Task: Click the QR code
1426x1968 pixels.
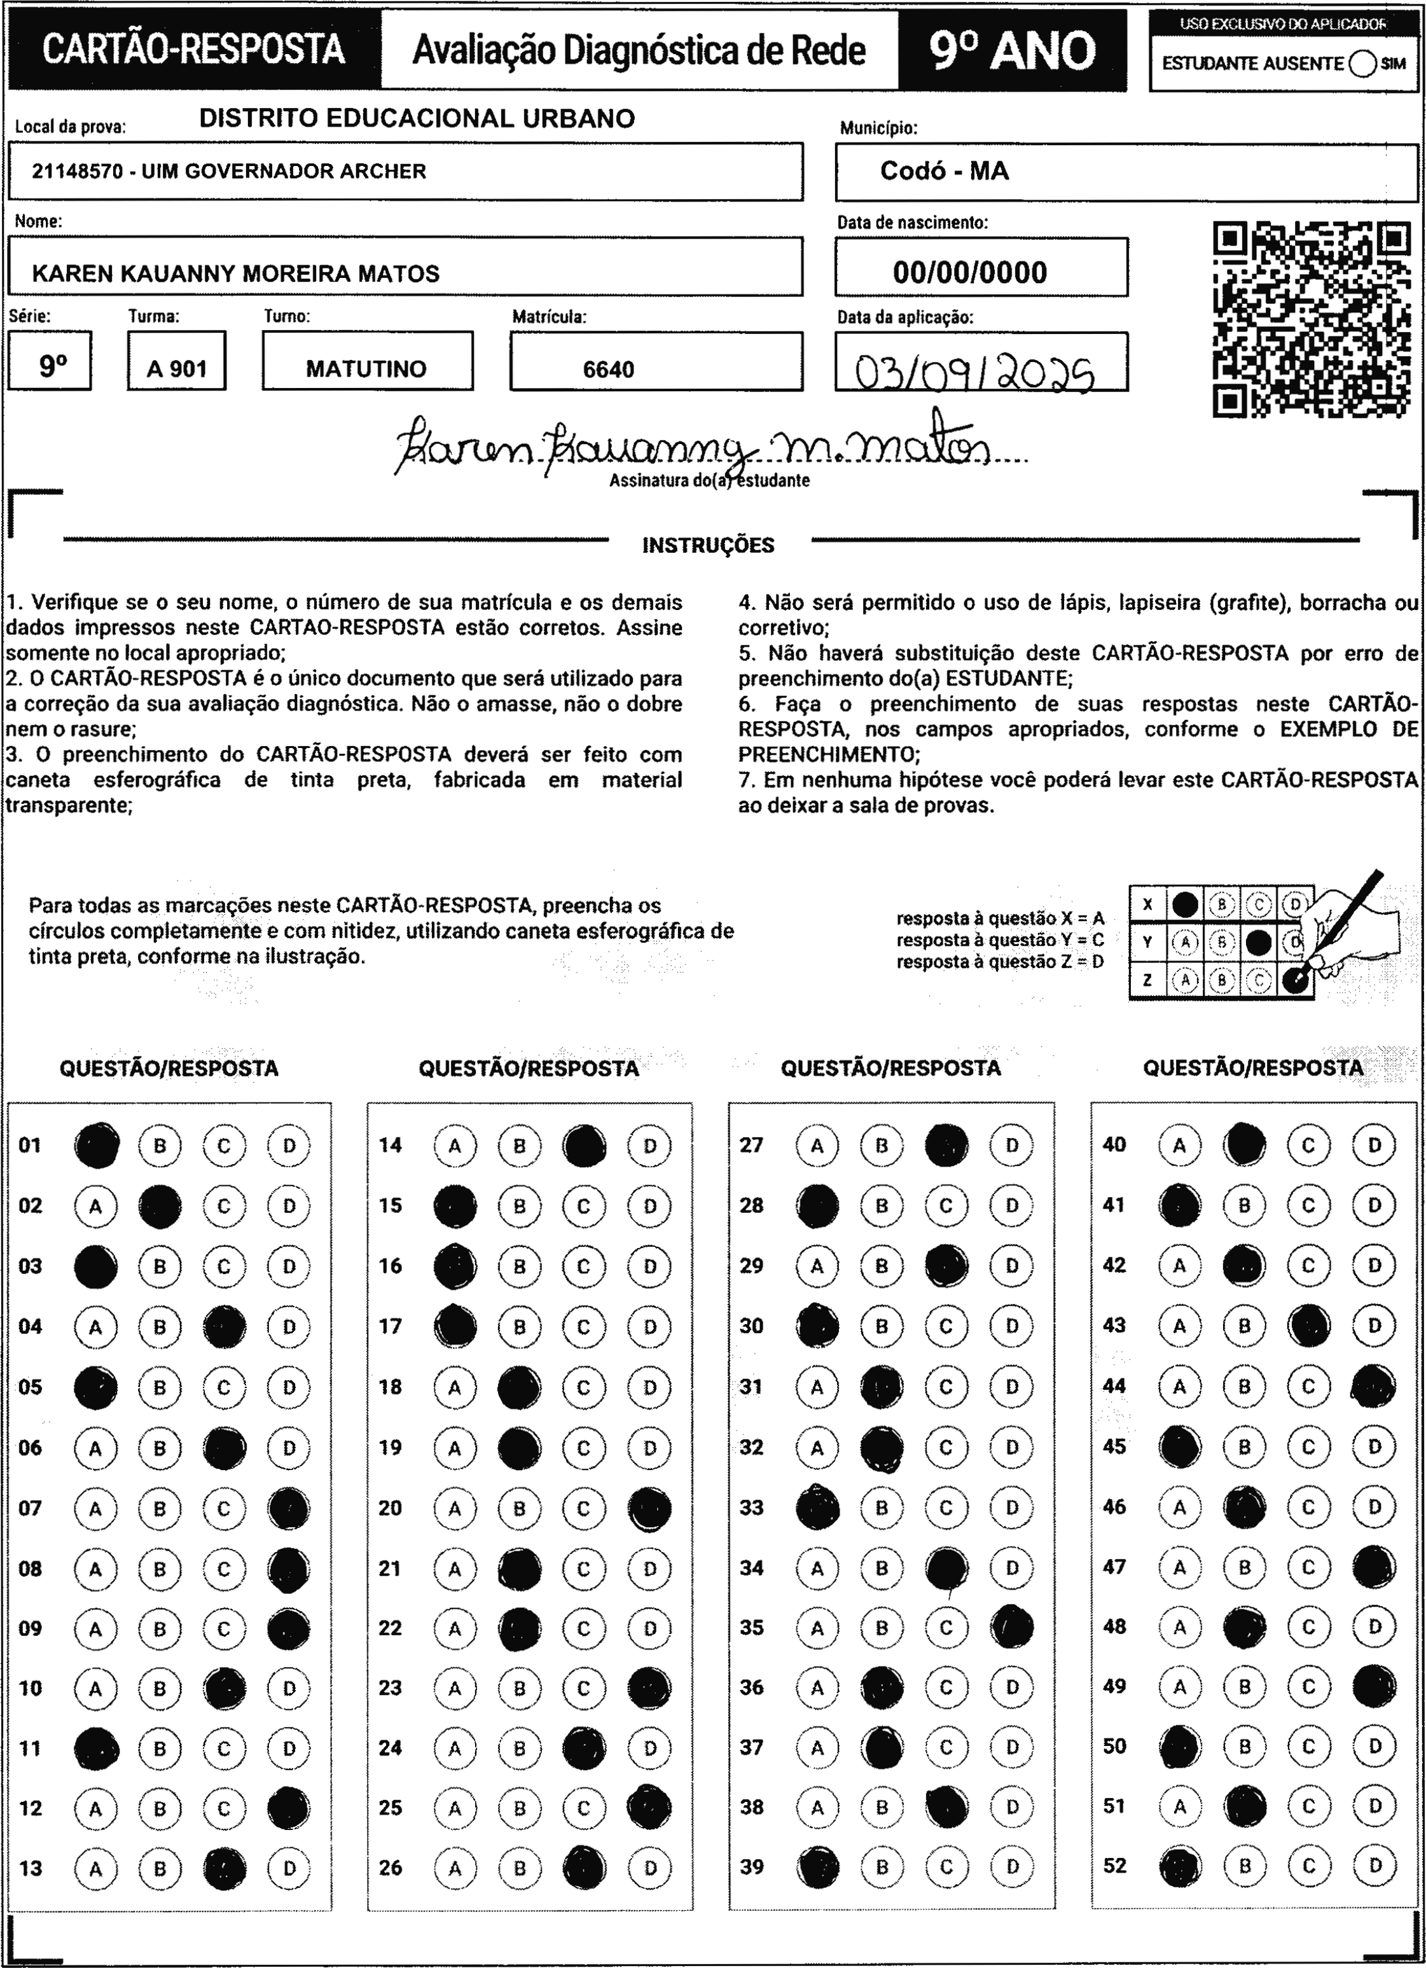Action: (1311, 319)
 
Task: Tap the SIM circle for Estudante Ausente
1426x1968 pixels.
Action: (1362, 64)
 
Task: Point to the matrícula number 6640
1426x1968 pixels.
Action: (609, 370)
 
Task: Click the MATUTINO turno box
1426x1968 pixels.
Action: (367, 369)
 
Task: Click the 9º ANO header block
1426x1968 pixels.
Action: (1012, 50)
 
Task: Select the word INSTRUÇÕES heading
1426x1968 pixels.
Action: (708, 545)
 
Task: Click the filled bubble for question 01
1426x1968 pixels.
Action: (96, 1146)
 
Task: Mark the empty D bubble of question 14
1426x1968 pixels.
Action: (649, 1146)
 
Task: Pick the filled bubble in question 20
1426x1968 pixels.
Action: (649, 1508)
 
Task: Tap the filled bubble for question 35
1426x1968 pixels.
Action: (1012, 1627)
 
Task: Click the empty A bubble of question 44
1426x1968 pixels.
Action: (1179, 1386)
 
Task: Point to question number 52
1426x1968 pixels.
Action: (1114, 1865)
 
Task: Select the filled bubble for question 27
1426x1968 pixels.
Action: (946, 1146)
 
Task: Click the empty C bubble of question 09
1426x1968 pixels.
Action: (224, 1629)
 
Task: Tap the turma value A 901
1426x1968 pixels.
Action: (177, 369)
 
